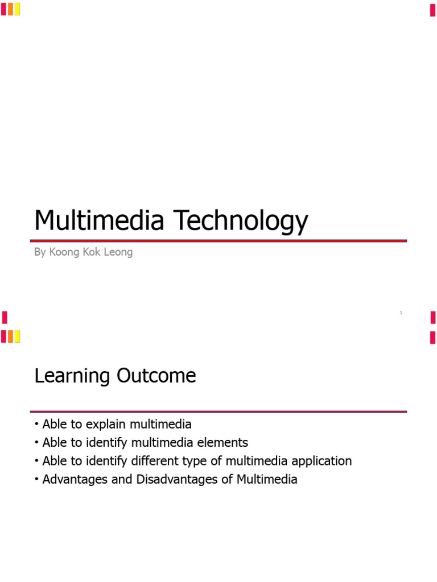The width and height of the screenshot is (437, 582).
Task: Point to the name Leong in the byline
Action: tap(118, 252)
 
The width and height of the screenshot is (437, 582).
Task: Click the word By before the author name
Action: tap(40, 252)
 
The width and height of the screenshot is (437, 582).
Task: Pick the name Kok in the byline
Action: tap(90, 252)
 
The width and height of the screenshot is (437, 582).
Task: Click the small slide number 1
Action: tap(401, 313)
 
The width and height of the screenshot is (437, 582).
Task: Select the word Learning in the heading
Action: tap(72, 376)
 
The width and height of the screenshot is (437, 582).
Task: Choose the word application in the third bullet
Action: tap(321, 461)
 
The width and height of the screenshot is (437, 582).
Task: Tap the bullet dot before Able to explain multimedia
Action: tap(36, 425)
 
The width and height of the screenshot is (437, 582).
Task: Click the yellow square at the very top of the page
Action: tap(17, 9)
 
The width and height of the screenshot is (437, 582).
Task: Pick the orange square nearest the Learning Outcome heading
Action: tap(10, 336)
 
